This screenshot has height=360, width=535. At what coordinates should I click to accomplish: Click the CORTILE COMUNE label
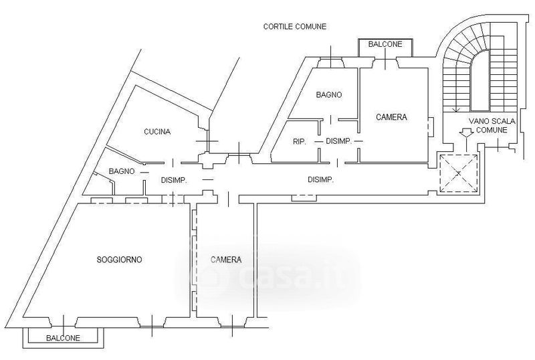(x=294, y=27)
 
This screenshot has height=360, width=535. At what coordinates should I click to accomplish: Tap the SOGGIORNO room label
(x=119, y=260)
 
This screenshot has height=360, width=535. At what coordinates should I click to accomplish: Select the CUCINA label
(x=157, y=132)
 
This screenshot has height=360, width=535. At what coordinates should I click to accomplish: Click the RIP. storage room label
(x=299, y=141)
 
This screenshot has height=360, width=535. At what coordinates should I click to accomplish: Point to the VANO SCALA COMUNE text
(x=488, y=125)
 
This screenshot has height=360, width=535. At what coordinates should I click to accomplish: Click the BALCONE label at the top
(x=385, y=45)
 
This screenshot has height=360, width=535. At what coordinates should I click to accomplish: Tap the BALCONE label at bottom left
(x=63, y=339)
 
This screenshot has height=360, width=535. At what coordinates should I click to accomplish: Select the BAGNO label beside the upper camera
(x=328, y=95)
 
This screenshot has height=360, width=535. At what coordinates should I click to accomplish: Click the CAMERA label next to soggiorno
(x=226, y=260)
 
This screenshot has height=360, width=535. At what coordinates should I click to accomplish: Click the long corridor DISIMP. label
(x=320, y=179)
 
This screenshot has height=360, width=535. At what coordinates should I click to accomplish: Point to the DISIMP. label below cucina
(x=173, y=180)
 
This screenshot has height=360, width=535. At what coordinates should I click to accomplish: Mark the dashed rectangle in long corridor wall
(x=304, y=197)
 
